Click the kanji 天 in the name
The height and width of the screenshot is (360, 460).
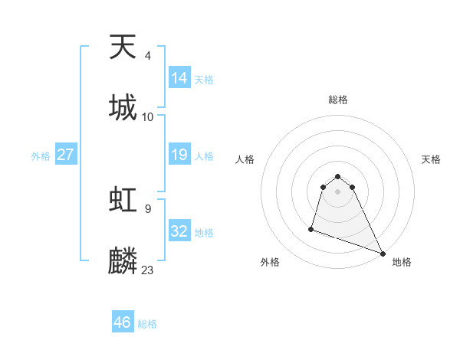point(123,47)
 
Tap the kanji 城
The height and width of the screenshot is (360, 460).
point(123,107)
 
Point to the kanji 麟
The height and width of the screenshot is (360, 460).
point(123,260)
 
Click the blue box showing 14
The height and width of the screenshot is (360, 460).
point(179,77)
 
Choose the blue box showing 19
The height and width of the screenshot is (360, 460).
point(179,155)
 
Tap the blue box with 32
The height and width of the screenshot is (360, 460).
point(179,231)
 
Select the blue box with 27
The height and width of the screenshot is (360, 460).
point(66,155)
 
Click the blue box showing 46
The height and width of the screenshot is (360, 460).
point(123,322)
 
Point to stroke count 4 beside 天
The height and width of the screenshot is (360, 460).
point(148,55)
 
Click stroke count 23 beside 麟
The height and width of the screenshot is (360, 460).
point(148,270)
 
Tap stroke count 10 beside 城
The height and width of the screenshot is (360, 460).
point(148,116)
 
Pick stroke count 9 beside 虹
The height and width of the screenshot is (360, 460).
point(147,208)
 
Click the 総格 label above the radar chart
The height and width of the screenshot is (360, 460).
point(338,100)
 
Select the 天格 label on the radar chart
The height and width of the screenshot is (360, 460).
point(432,159)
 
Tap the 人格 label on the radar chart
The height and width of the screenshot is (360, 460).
point(245,159)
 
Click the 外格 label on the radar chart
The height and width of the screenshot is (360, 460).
point(269,262)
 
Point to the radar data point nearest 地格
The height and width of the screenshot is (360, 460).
point(383,254)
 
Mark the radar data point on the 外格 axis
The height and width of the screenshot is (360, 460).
point(311,228)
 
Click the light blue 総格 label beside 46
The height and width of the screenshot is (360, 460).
point(147,324)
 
